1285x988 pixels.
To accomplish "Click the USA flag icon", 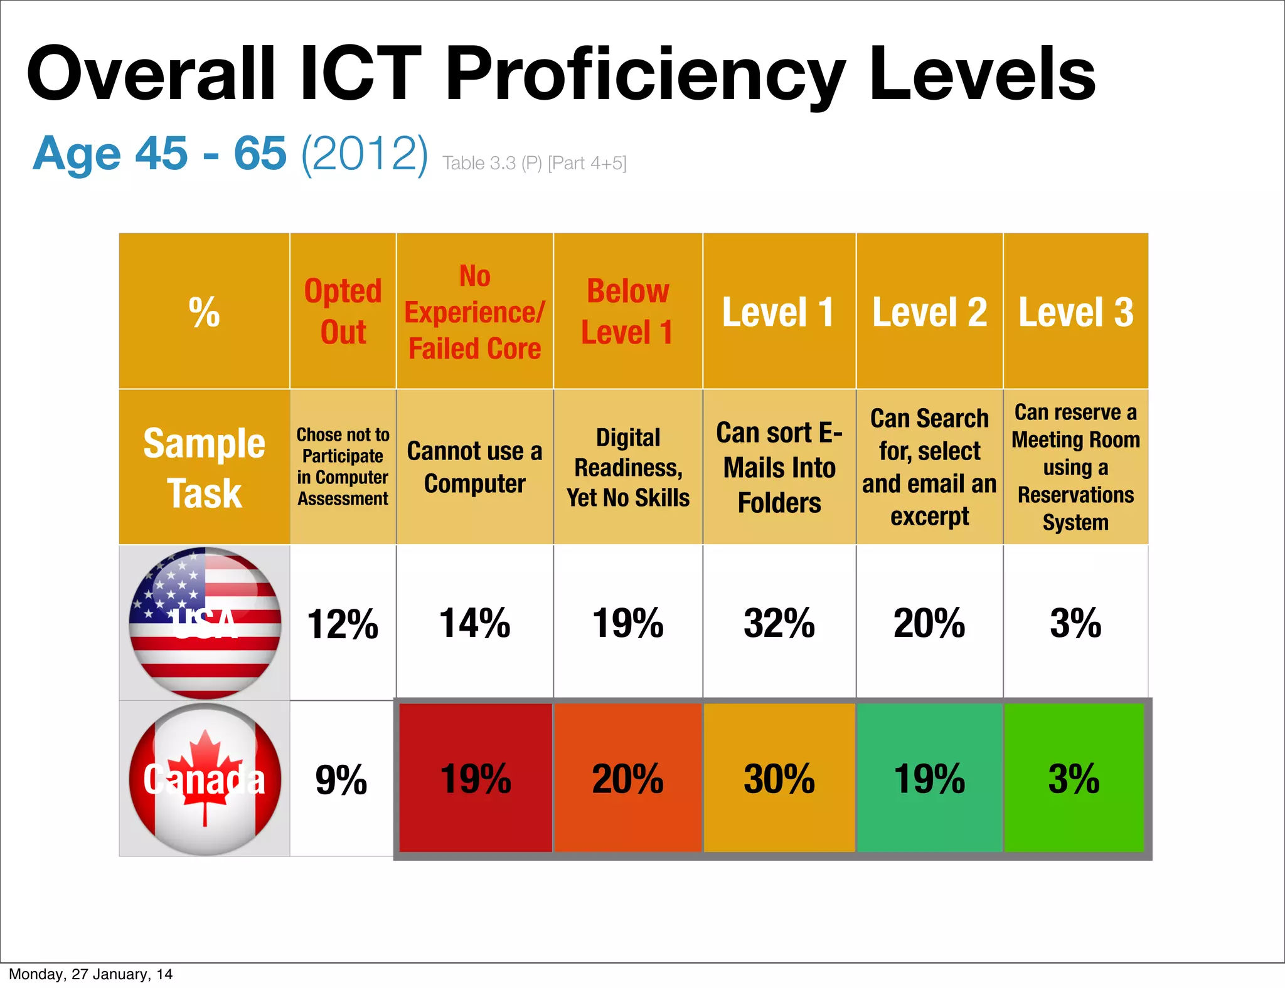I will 205,623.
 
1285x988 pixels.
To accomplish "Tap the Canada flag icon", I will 205,779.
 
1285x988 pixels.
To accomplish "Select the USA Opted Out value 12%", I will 343,624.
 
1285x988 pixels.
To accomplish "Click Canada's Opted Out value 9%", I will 341,780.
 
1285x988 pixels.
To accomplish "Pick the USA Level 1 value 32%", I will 779,623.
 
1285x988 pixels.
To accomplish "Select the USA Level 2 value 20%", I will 929,623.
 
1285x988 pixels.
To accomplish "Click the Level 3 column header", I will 1075,312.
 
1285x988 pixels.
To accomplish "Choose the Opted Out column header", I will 343,312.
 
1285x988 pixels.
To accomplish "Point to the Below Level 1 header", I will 627,312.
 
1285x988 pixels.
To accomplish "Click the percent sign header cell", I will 205,312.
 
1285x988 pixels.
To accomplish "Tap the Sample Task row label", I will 205,468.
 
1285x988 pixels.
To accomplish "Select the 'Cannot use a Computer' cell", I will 474,468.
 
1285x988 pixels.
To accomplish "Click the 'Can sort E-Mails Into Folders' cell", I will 779,468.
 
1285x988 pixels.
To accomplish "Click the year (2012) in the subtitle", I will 365,153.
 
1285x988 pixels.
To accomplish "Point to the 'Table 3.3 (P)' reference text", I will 492,163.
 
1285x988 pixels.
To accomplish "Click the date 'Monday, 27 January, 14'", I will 90,974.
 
